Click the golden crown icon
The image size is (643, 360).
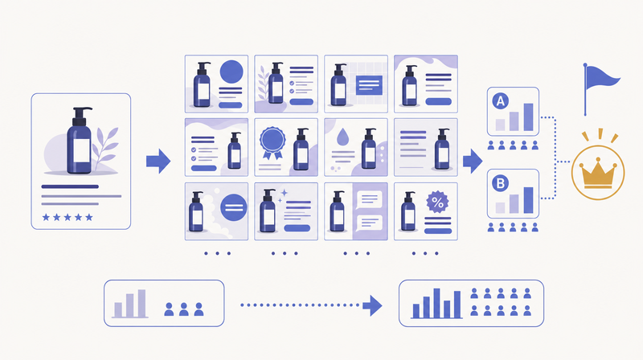[x=598, y=174]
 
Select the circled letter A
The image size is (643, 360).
[x=500, y=101]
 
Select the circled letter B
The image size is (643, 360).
[x=500, y=183]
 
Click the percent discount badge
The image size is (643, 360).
[x=437, y=202]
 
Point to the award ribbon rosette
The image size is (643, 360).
[x=272, y=143]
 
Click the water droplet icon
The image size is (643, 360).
[x=342, y=137]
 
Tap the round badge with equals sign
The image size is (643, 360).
[x=234, y=207]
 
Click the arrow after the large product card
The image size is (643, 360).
[x=158, y=161]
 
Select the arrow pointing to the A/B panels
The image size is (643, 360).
[x=473, y=161]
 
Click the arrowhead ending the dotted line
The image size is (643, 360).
[x=372, y=305]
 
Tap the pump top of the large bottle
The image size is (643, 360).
[x=81, y=116]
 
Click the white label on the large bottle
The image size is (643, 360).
[x=82, y=151]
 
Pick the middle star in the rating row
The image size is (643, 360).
[x=68, y=217]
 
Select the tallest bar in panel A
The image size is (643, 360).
[x=529, y=117]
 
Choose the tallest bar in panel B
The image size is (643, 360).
[x=529, y=200]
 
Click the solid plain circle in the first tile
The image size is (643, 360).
[x=231, y=72]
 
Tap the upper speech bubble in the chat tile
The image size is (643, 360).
[x=370, y=200]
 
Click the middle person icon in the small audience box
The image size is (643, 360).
[x=184, y=309]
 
